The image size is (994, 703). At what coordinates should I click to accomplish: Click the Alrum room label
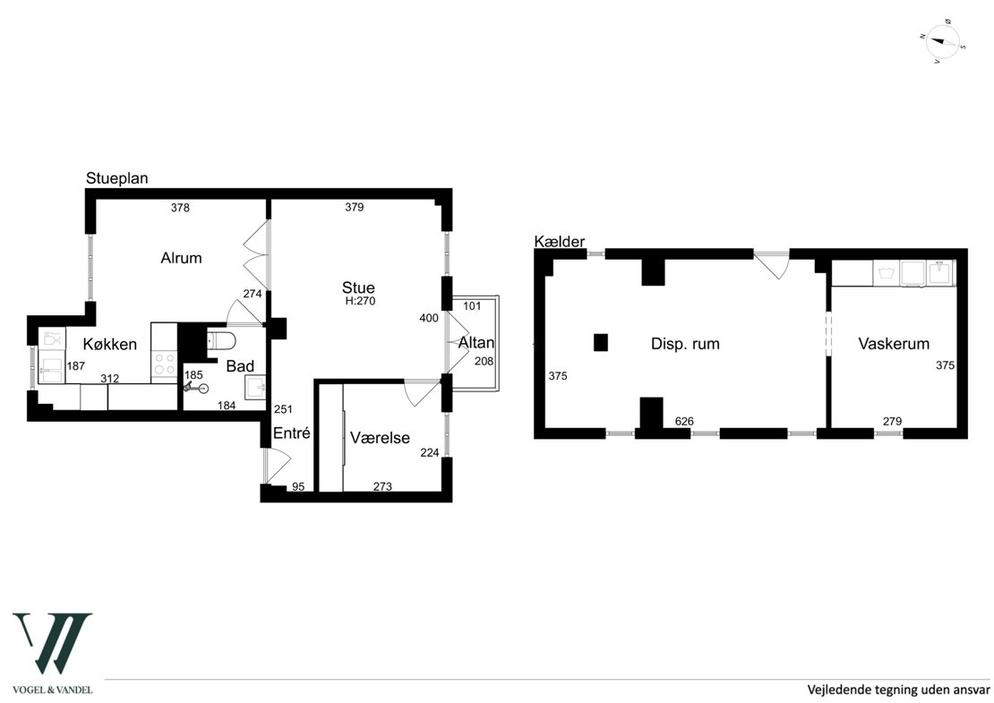181,258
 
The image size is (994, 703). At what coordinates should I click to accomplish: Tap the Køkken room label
109,344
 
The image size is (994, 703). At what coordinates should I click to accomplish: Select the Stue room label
358,287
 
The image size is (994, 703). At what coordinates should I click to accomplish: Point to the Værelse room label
380,437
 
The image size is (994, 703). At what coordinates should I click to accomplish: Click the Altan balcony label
476,343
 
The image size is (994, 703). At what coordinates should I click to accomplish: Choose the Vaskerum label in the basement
894,344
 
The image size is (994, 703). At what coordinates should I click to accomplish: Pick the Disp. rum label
685,344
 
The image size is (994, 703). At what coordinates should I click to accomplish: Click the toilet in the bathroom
221,341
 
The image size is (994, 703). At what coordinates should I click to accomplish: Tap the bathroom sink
256,387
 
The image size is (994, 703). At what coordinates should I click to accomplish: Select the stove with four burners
164,364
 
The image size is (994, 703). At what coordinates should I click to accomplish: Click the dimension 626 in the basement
685,421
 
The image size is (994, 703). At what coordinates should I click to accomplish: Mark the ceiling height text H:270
360,301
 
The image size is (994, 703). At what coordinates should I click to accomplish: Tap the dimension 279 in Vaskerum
892,421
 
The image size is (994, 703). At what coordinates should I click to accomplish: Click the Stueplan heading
117,178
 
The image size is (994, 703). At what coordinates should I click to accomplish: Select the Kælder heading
559,242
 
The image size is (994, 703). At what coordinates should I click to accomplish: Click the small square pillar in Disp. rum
600,342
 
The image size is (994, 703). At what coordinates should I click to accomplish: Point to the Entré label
292,433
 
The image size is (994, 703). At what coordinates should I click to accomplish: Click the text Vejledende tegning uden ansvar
898,690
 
